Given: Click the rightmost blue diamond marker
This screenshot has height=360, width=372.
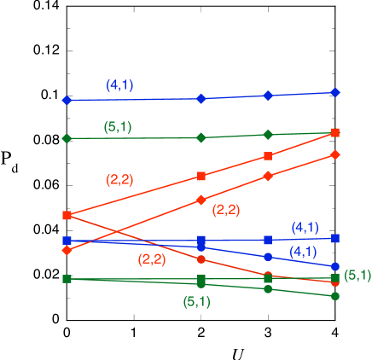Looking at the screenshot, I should pyautogui.click(x=335, y=92).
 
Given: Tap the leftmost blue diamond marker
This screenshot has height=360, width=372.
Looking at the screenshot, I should pyautogui.click(x=67, y=101).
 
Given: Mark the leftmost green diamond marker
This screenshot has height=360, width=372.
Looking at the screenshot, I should pyautogui.click(x=67, y=138).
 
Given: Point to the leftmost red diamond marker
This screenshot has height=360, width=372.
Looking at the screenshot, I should pyautogui.click(x=67, y=250).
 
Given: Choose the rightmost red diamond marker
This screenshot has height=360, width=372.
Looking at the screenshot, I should pyautogui.click(x=335, y=154).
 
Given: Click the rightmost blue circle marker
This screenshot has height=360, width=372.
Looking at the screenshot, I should pyautogui.click(x=335, y=267).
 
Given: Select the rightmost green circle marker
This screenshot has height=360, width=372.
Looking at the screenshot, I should pyautogui.click(x=335, y=296).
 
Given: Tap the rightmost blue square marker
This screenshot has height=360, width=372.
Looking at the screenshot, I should pyautogui.click(x=335, y=238).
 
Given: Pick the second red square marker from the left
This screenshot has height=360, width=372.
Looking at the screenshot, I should pyautogui.click(x=201, y=176).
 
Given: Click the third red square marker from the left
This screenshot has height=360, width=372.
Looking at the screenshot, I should pyautogui.click(x=268, y=156).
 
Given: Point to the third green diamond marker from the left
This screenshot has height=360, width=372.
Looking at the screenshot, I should pyautogui.click(x=268, y=135).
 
